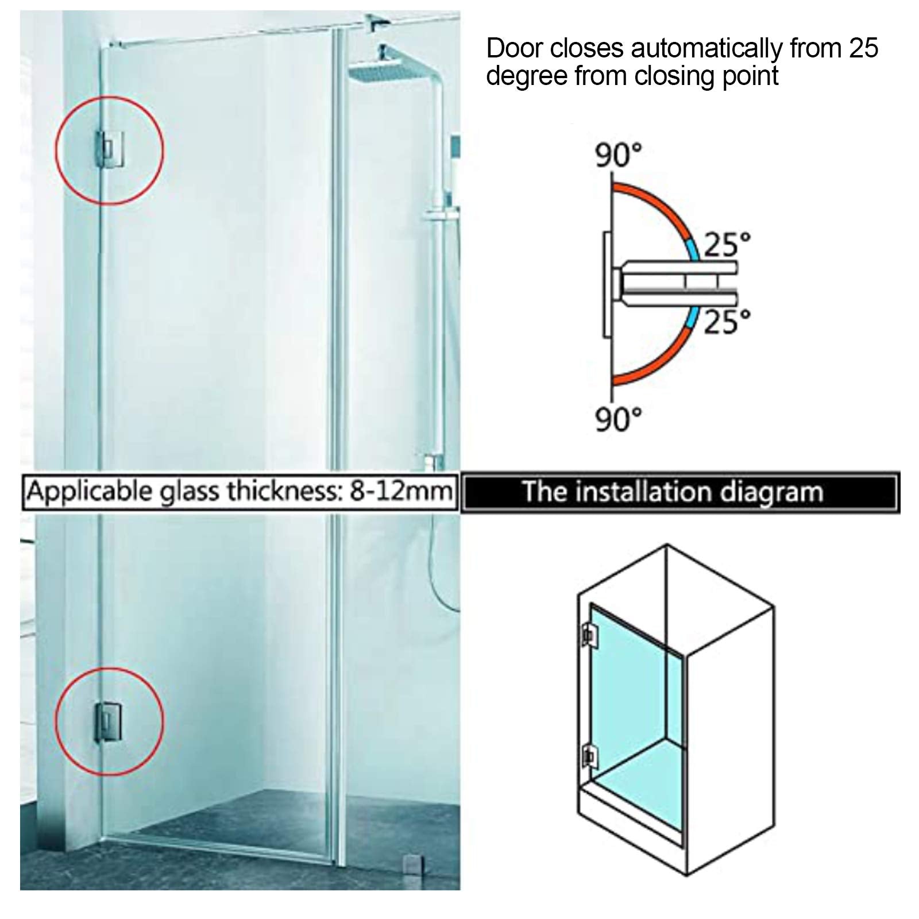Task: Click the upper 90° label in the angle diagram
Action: [618, 155]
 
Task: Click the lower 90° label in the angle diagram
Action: [618, 420]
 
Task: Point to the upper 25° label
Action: [727, 244]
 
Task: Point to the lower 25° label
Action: [727, 322]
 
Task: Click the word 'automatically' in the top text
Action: [706, 48]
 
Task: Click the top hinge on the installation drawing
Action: [588, 634]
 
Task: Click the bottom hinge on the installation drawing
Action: [588, 755]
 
